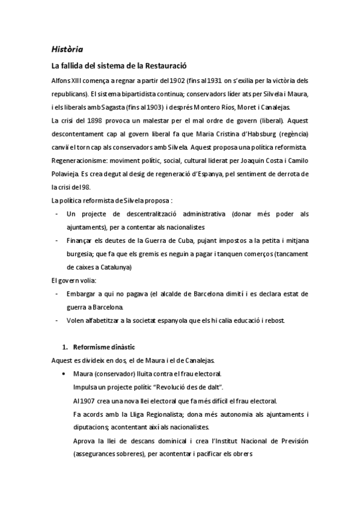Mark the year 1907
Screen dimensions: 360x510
pyautogui.click(x=89, y=401)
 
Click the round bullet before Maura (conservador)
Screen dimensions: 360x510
pyautogui.click(x=64, y=374)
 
